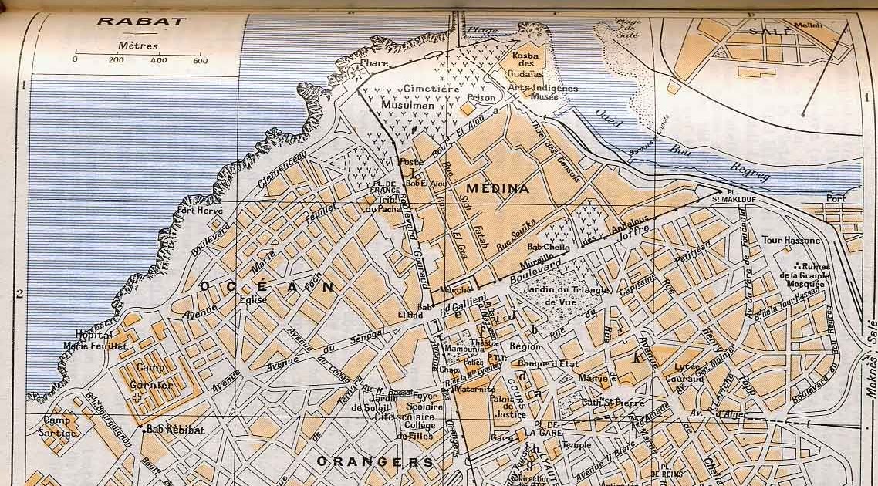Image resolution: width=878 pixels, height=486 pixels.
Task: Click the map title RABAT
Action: (141, 21)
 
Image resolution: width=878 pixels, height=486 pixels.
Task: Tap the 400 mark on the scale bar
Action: (158, 60)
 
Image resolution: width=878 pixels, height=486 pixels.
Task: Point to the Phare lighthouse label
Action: (373, 75)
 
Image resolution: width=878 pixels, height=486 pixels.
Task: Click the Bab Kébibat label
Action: (176, 430)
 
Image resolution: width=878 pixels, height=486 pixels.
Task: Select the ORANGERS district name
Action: (375, 462)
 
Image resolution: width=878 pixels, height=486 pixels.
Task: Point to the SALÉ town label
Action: (770, 32)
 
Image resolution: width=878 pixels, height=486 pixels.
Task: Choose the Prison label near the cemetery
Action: (481, 98)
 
